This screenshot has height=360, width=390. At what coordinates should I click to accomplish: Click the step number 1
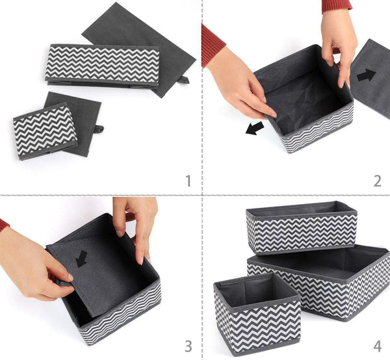click(188, 181)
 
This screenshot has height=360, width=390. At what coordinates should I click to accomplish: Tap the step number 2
click(377, 181)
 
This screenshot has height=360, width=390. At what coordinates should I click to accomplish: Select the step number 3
click(188, 346)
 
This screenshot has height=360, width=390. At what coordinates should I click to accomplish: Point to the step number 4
click(377, 346)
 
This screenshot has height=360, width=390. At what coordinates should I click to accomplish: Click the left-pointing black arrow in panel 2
click(255, 128)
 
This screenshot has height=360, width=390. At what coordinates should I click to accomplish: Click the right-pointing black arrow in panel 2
click(366, 75)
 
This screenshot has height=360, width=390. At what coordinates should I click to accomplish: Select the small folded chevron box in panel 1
click(45, 131)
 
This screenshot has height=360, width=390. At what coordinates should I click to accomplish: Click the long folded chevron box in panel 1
click(103, 64)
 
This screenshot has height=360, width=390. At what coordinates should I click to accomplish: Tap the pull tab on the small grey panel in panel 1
click(99, 129)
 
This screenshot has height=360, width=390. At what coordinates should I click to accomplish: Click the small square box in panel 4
click(257, 314)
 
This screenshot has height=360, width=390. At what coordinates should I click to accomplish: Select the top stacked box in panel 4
click(302, 227)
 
